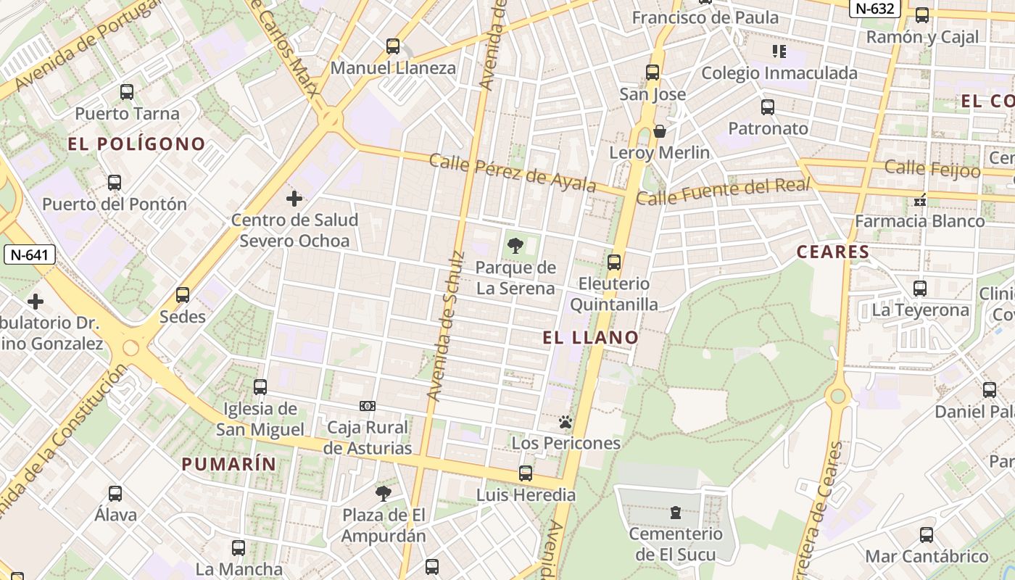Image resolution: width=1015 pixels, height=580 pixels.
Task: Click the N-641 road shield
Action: tap(30, 254)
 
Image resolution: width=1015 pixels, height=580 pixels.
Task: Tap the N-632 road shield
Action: tap(876, 8)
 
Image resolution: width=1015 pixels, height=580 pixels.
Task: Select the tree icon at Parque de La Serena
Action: tap(515, 246)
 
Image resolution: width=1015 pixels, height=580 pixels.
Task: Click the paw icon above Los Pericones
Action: tap(565, 422)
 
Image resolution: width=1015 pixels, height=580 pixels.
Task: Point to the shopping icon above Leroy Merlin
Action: tap(660, 131)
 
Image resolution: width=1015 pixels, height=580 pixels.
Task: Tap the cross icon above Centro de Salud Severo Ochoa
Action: tap(294, 198)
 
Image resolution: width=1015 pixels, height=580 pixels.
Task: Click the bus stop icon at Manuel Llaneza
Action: tap(393, 46)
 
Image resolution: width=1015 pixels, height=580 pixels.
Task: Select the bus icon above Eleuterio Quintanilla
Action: tap(614, 262)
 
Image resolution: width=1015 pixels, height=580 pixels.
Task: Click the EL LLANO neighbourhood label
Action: tap(591, 337)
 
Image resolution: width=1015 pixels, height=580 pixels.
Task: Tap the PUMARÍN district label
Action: tap(228, 464)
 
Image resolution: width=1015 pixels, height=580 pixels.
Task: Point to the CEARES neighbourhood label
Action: tap(832, 252)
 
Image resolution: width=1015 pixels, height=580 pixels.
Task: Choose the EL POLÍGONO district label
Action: tap(137, 144)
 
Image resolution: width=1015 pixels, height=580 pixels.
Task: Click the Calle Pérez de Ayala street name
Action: tap(512, 173)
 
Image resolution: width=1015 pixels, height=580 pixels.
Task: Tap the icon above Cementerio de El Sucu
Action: tap(676, 513)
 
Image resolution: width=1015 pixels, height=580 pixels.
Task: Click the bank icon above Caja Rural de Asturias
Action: tap(368, 406)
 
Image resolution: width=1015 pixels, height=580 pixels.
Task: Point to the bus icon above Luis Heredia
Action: tap(526, 473)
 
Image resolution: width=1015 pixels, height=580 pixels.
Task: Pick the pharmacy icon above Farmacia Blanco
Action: tap(920, 199)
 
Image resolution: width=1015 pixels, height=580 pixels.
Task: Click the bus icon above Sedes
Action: tap(183, 295)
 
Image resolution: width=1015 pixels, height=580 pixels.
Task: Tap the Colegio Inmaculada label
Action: tap(779, 73)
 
